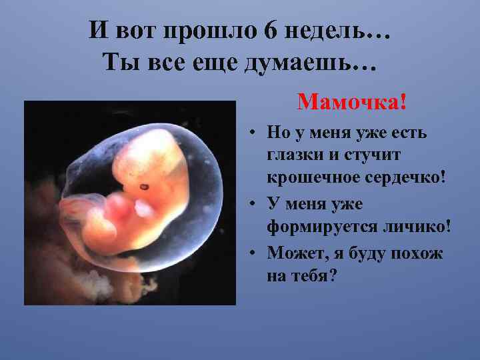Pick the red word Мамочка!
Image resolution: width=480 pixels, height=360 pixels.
351,103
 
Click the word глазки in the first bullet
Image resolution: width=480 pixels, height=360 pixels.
294,156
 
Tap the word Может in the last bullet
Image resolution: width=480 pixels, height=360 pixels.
292,253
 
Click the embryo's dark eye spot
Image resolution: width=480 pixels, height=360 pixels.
143,185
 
